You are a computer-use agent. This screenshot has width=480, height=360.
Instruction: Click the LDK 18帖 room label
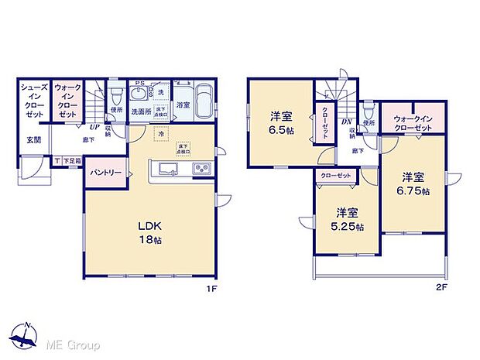[149, 232]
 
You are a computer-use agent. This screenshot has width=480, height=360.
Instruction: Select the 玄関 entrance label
[35, 140]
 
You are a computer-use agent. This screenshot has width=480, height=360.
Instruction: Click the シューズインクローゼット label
[35, 99]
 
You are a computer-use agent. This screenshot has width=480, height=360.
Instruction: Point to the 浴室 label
[183, 104]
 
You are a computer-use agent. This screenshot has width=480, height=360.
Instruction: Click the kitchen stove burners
[201, 170]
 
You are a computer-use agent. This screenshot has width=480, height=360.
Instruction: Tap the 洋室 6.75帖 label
[415, 183]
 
